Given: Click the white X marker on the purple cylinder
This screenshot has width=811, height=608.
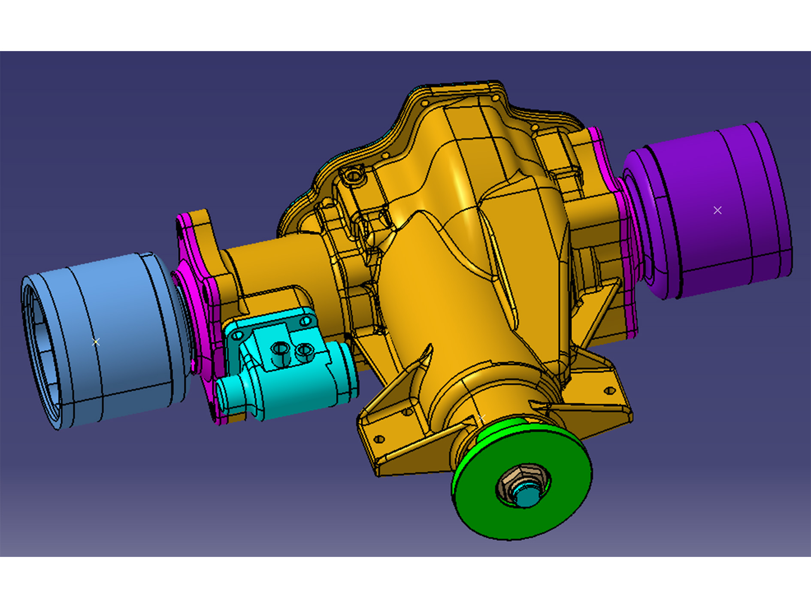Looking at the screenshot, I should click(717, 210).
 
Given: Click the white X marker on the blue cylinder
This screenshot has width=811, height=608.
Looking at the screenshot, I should click(96, 342).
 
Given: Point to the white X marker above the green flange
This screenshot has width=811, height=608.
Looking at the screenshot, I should click(481, 417).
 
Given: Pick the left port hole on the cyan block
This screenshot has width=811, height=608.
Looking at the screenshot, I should click(280, 348).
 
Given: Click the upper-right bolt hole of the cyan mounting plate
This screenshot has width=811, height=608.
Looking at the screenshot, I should click(306, 321).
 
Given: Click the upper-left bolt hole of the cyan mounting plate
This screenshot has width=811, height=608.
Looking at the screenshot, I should click(237, 335).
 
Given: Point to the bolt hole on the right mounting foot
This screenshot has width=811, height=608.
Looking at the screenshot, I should click(609, 390).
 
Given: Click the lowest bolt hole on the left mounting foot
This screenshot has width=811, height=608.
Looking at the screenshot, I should click(379, 439).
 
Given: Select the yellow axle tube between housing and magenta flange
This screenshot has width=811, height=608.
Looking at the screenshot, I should click(275, 266).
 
